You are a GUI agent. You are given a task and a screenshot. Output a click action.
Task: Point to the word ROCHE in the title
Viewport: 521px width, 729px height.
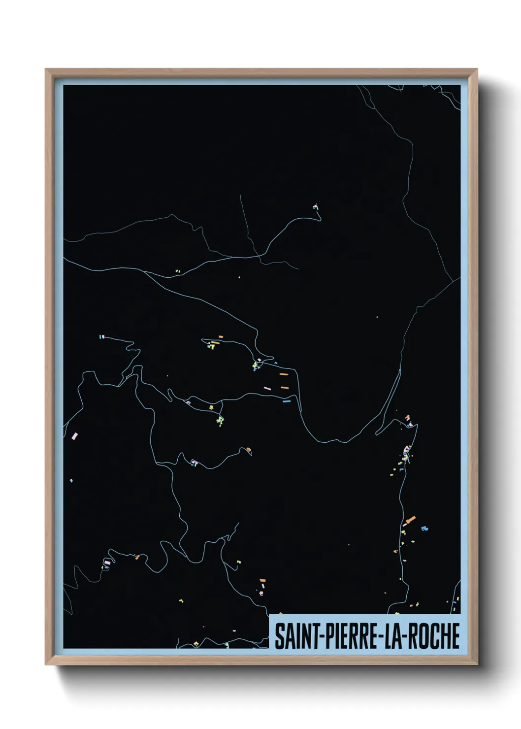click(433, 636)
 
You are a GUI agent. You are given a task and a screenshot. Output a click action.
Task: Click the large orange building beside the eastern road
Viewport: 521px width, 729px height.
click(410, 520)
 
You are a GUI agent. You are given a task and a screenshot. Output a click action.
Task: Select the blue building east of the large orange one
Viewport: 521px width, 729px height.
click(424, 529)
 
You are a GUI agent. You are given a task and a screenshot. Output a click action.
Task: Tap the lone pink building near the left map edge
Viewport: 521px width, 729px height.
click(75, 436)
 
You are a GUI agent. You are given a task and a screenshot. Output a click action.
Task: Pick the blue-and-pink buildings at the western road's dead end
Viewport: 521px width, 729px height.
click(102, 337)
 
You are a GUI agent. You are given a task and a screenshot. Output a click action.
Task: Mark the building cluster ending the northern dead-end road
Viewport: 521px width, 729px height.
click(316, 207)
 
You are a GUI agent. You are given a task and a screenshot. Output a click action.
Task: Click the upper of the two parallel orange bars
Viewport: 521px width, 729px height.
click(284, 374)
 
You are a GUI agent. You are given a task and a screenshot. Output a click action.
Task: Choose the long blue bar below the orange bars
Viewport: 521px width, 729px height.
click(287, 401)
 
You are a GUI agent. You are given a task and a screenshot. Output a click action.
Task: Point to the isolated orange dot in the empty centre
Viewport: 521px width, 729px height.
click(377, 317)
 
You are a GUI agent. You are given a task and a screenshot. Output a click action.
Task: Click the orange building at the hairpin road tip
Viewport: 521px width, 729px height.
click(249, 449)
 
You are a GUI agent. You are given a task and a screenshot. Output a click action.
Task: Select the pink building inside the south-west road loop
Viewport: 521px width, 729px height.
click(107, 562)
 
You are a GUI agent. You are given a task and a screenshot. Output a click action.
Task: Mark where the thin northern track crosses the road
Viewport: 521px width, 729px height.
click(260, 255)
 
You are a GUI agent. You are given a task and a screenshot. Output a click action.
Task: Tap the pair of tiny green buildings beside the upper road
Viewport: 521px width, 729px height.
click(178, 271)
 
